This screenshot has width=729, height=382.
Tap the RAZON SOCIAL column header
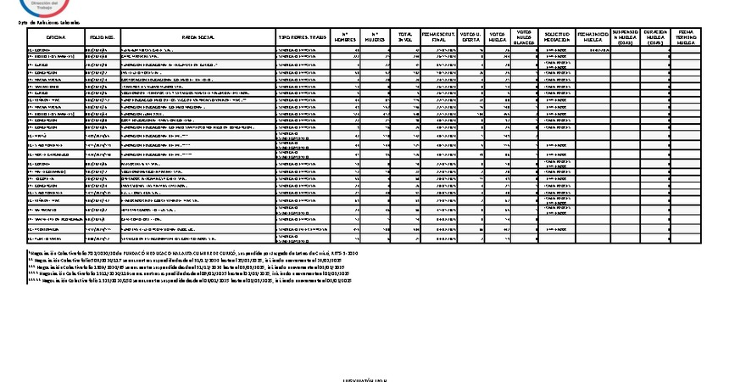[198, 38]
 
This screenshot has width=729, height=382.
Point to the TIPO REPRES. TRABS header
[302, 38]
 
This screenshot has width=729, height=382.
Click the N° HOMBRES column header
[345, 37]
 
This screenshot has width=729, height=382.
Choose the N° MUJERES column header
[376, 37]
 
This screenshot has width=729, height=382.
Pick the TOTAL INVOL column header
[405, 37]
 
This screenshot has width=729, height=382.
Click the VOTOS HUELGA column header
[499, 37]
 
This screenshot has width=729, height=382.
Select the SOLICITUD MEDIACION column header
[557, 37]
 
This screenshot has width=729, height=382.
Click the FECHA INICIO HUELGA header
[592, 37]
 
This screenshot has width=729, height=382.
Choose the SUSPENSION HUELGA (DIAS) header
[626, 37]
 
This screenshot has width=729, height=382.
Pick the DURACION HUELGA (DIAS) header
[657, 37]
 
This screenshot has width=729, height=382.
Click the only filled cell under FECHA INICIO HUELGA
[592, 50]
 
